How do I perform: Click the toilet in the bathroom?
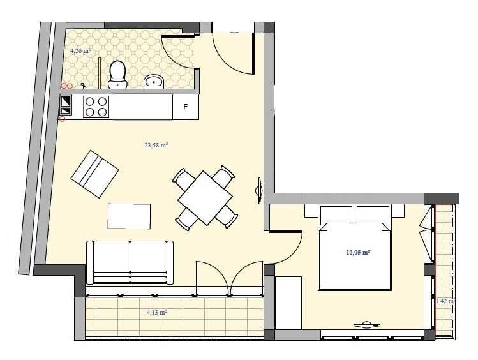tap(117, 73)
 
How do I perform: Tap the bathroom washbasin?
tap(154, 81)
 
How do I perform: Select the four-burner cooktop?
tap(96, 106)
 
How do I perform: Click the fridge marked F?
tap(186, 107)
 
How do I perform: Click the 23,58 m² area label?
tap(156, 146)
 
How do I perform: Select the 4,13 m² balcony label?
tap(156, 313)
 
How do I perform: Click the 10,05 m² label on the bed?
tap(358, 253)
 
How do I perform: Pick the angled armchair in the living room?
tap(94, 174)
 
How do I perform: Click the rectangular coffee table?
tap(129, 216)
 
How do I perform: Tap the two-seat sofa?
tap(130, 262)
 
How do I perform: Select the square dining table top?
tap(204, 197)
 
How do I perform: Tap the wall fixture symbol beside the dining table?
tap(259, 190)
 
